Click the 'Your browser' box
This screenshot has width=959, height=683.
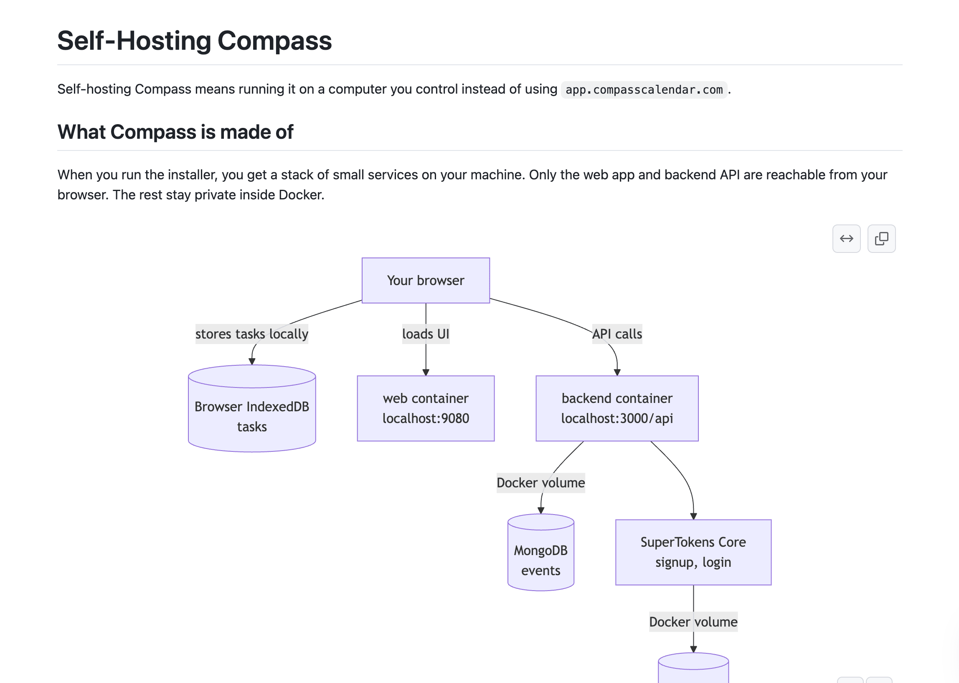(426, 280)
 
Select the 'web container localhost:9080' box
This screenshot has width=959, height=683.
(426, 408)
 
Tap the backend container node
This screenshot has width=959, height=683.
(617, 408)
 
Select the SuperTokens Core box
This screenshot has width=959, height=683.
(693, 552)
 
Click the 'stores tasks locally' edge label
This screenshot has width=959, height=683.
(252, 334)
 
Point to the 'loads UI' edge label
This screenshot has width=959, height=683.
(426, 334)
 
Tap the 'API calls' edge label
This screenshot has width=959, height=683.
(617, 334)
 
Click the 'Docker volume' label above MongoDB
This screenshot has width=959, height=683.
(541, 483)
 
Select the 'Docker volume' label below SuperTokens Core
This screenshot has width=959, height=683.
(693, 622)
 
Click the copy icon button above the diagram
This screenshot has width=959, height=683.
(881, 238)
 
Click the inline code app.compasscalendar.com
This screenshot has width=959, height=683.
(644, 89)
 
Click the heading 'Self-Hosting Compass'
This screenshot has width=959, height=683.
(195, 41)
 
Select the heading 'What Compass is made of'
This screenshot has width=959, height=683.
(175, 132)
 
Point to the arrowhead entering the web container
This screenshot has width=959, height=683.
(426, 372)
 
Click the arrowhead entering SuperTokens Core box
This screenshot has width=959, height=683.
(693, 516)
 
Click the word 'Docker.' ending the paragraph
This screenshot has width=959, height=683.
(301, 195)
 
